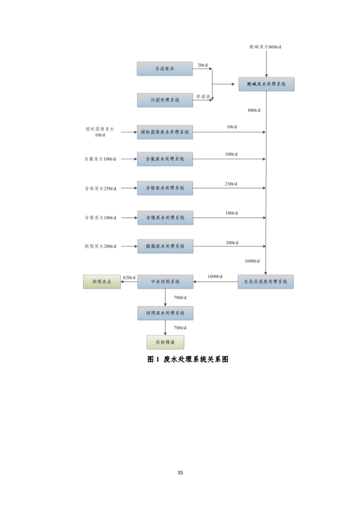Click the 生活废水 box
click(165, 69)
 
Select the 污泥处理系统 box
click(165, 100)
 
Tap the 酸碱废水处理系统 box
click(266, 84)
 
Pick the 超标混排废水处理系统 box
click(165, 132)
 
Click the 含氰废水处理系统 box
click(165, 159)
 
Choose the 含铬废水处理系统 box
click(165, 188)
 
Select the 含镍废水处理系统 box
click(165, 217)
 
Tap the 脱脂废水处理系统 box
click(165, 246)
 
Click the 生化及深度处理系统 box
click(266, 282)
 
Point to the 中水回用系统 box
click(165, 282)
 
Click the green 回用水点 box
click(102, 282)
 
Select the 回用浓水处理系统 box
click(165, 313)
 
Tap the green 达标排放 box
click(165, 342)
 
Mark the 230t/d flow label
click(231, 184)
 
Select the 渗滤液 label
click(202, 97)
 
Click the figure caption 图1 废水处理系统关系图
click(187, 359)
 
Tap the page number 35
click(180, 473)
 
